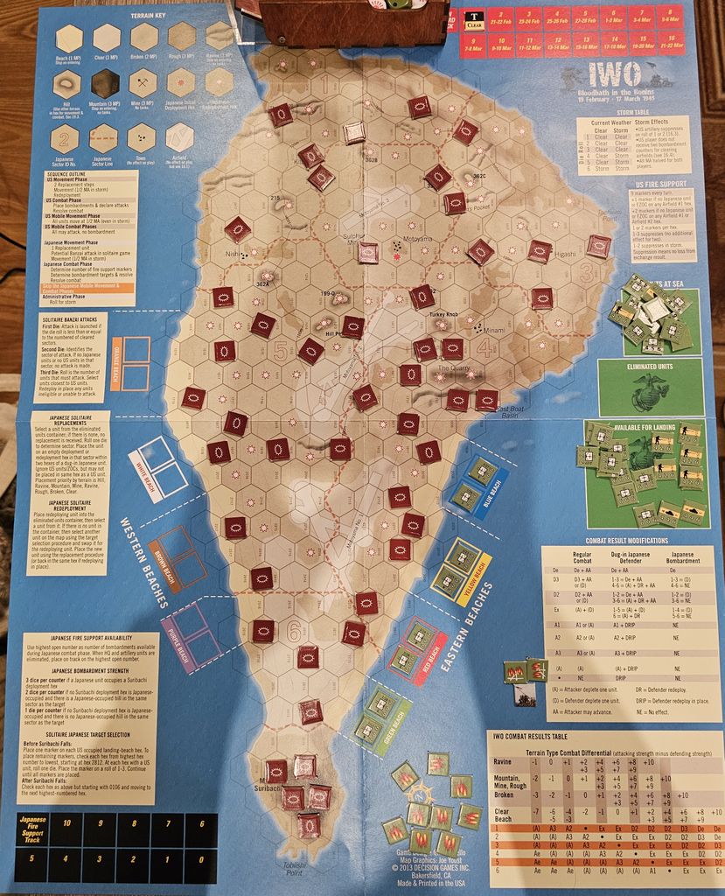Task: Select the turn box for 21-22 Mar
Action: coord(669,45)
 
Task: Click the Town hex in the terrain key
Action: coord(143,136)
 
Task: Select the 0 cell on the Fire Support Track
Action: coord(199,859)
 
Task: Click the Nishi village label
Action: coord(232,255)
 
